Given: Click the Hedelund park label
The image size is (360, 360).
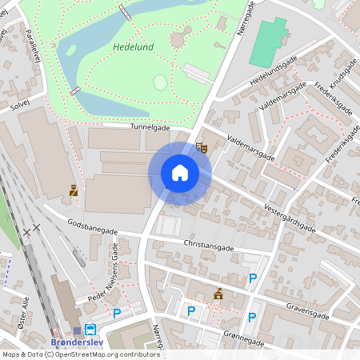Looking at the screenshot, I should coord(134,46).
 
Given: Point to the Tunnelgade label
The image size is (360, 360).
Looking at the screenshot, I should coord(150,126).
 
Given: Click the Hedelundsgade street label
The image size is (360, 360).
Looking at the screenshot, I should coord(274,71).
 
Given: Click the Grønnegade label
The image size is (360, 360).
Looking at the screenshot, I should coord(245,337).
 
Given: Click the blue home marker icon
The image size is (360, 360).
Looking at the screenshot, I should coord(180,173).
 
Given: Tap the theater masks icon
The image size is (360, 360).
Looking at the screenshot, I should coord(202,148).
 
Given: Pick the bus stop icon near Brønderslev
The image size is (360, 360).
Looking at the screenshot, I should coord(90,330).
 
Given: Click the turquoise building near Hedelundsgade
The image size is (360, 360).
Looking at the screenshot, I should coord(268,43).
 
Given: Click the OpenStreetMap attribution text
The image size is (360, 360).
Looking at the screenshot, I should coord(80,354).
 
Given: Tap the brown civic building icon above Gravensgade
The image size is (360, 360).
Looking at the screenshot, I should coord(218,294).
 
